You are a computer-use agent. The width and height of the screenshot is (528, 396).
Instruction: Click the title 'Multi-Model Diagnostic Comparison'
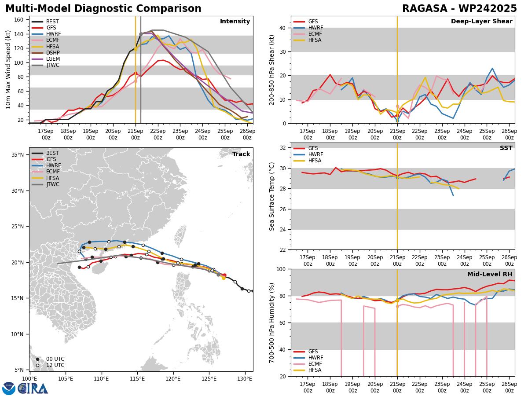pyautogui.click(x=103, y=9)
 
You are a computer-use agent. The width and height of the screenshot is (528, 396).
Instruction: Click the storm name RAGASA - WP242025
pyautogui.click(x=459, y=9)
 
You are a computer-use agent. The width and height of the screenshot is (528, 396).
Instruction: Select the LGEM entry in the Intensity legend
pyautogui.click(x=53, y=59)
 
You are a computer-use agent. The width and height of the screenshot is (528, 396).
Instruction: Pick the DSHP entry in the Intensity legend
pyautogui.click(x=53, y=53)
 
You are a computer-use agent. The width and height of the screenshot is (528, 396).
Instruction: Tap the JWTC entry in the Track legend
pyautogui.click(x=53, y=184)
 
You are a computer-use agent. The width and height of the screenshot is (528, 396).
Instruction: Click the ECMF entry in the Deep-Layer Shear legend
pyautogui.click(x=315, y=34)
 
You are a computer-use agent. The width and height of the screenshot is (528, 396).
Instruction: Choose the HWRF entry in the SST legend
pyautogui.click(x=315, y=154)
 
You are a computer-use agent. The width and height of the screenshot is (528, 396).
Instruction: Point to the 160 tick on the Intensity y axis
pyautogui.click(x=20, y=20)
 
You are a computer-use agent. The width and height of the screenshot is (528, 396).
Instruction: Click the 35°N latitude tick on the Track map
pyautogui.click(x=18, y=155)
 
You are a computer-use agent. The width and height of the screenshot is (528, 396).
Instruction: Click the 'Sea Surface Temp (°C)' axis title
pyautogui.click(x=272, y=196)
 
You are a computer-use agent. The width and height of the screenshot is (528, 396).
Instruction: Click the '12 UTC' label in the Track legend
pyautogui.click(x=55, y=365)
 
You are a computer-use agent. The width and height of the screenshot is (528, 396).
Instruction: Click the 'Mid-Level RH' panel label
pyautogui.click(x=490, y=275)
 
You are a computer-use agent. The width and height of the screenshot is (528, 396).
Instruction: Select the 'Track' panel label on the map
pyautogui.click(x=241, y=154)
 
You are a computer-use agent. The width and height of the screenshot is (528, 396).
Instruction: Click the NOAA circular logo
pyautogui.click(x=9, y=388)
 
